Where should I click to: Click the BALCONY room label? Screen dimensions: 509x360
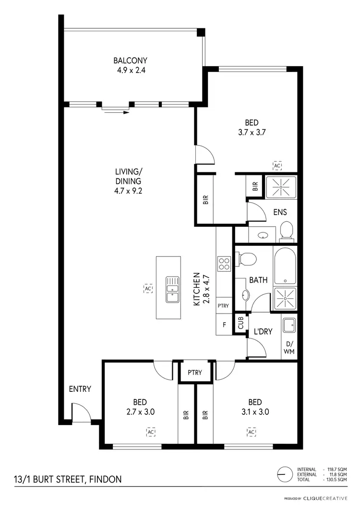[x=130, y=61]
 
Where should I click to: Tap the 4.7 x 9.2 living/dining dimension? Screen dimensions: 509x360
[x=128, y=190]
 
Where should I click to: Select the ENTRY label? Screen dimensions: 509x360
[x=80, y=389]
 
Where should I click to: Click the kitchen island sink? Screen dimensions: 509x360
[x=172, y=290]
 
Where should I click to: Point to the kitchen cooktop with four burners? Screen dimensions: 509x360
[x=224, y=264]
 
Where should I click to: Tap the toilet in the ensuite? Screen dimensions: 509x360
[x=287, y=230]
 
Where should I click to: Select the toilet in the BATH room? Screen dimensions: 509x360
[x=248, y=259]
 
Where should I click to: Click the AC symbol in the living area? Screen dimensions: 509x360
[x=148, y=289]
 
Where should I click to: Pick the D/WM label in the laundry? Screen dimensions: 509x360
[x=289, y=348]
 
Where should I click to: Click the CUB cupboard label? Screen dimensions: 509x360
[x=240, y=322]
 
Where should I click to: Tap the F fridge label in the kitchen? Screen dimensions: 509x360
[x=224, y=324]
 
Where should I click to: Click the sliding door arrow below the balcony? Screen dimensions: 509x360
[x=116, y=111]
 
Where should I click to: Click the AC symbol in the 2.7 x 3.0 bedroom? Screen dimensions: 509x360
[x=151, y=432]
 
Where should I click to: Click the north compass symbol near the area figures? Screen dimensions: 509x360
[x=285, y=474]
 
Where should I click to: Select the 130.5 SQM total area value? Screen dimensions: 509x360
[x=336, y=480]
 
